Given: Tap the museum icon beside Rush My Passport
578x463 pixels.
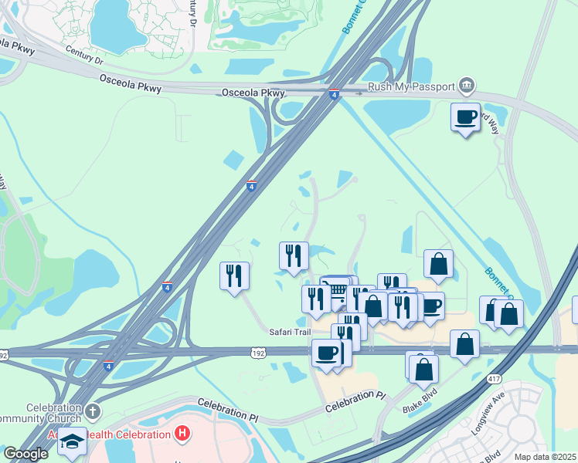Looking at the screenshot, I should coord(466,85).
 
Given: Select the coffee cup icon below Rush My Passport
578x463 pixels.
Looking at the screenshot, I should coord(465,117).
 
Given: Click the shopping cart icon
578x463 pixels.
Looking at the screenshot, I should coord(337,291).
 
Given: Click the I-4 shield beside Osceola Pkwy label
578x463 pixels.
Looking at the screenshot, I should coord(334,95).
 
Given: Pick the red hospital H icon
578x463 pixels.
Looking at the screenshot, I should coord(182,434).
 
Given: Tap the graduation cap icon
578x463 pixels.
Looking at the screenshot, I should coord(72,441).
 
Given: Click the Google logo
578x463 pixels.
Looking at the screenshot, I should coord(25,454).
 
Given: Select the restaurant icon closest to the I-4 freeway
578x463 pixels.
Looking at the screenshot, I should coord(234,275).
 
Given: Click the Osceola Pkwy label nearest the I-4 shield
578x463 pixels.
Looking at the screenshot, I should coord(253,93).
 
